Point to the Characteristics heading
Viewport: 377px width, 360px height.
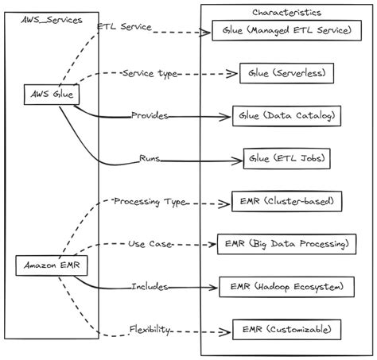(286, 13)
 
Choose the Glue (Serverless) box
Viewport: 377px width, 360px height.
(286, 73)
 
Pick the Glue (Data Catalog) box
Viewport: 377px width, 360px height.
(287, 116)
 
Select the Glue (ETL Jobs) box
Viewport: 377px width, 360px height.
(286, 158)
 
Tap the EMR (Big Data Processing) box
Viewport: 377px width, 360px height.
(285, 243)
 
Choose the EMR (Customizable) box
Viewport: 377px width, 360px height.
(286, 327)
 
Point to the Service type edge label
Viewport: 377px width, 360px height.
(149, 73)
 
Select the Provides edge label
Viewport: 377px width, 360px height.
(150, 116)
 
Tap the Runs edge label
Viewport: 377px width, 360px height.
(150, 159)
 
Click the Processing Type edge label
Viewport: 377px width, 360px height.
(150, 202)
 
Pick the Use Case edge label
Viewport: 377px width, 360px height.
(150, 243)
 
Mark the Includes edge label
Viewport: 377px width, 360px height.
(150, 286)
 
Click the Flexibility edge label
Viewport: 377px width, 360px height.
(150, 328)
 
